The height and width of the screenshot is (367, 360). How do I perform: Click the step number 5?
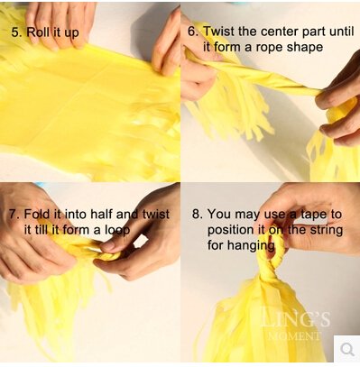[x=14, y=32]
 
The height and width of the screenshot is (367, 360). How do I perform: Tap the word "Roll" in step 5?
[x=39, y=32]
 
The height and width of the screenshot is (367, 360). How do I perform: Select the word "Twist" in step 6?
[x=217, y=32]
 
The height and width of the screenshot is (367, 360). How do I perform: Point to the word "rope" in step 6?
[x=269, y=48]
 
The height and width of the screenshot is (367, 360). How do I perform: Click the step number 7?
[x=14, y=215]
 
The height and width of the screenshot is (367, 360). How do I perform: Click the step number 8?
[x=198, y=215]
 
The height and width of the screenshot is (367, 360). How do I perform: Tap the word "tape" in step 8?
[x=313, y=215]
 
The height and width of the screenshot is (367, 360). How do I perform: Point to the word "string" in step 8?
[x=327, y=231]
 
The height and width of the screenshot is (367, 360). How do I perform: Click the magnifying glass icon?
[x=347, y=350]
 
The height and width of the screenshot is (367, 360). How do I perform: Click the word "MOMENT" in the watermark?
[x=293, y=335]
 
